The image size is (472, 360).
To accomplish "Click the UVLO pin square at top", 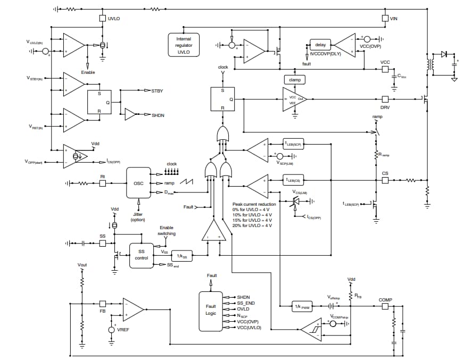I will click(x=103, y=18).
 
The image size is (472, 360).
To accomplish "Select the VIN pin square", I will click(x=385, y=18).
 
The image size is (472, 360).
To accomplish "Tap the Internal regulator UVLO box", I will click(x=184, y=45).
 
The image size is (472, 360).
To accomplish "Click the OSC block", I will click(x=138, y=183).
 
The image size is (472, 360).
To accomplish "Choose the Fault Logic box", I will click(x=211, y=311).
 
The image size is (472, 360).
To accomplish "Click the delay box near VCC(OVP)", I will click(x=320, y=45).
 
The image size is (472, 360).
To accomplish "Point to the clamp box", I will click(x=294, y=80).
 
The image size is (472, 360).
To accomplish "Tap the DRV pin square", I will click(x=385, y=99).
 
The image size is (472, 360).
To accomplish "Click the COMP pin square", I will click(x=385, y=306).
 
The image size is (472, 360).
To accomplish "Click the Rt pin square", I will click(x=103, y=183).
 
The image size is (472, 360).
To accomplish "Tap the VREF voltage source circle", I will click(x=112, y=330).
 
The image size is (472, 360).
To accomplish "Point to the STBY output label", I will click(x=157, y=91).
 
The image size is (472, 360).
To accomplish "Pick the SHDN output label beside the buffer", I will click(x=158, y=115).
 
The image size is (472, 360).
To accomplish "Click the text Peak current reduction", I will click(x=254, y=204).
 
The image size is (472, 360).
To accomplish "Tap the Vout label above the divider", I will click(x=82, y=265).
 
